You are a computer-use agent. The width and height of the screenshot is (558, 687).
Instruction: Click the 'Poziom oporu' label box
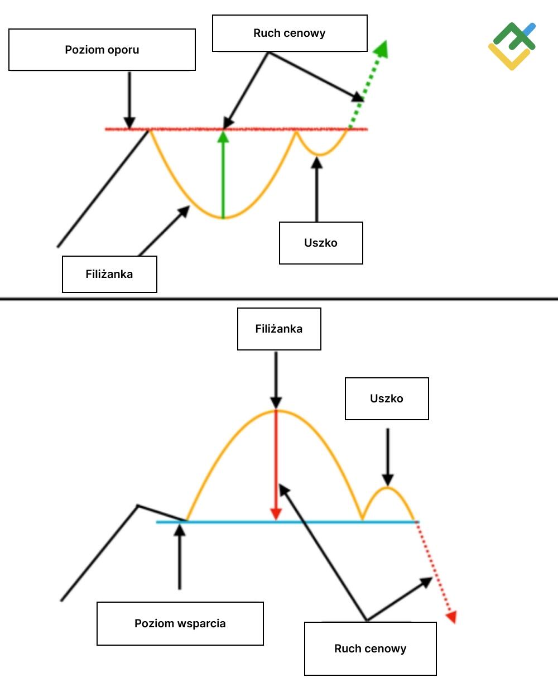pyautogui.click(x=102, y=50)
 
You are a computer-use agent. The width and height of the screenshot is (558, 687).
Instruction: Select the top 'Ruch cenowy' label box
pyautogui.click(x=290, y=33)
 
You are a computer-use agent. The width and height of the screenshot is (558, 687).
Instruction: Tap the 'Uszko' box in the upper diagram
pyautogui.click(x=321, y=243)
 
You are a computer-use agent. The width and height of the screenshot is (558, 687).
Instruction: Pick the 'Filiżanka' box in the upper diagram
pyautogui.click(x=109, y=274)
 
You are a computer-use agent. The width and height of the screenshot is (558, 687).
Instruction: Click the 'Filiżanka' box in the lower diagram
pyautogui.click(x=279, y=329)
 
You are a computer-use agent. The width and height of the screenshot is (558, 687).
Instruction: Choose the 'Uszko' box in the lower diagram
pyautogui.click(x=387, y=398)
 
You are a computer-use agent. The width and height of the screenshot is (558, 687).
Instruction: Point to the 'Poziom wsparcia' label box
pyautogui.click(x=180, y=623)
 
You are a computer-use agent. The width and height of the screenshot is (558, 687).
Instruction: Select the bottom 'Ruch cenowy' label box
pyautogui.click(x=371, y=648)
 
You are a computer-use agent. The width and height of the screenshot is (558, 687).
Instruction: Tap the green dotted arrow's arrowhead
pyautogui.click(x=381, y=49)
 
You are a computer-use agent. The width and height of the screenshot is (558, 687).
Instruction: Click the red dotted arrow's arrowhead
pyautogui.click(x=451, y=617)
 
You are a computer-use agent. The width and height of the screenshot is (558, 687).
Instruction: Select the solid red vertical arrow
pyautogui.click(x=276, y=463)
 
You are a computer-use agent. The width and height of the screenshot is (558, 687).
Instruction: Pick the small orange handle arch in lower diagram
pyautogui.click(x=388, y=489)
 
